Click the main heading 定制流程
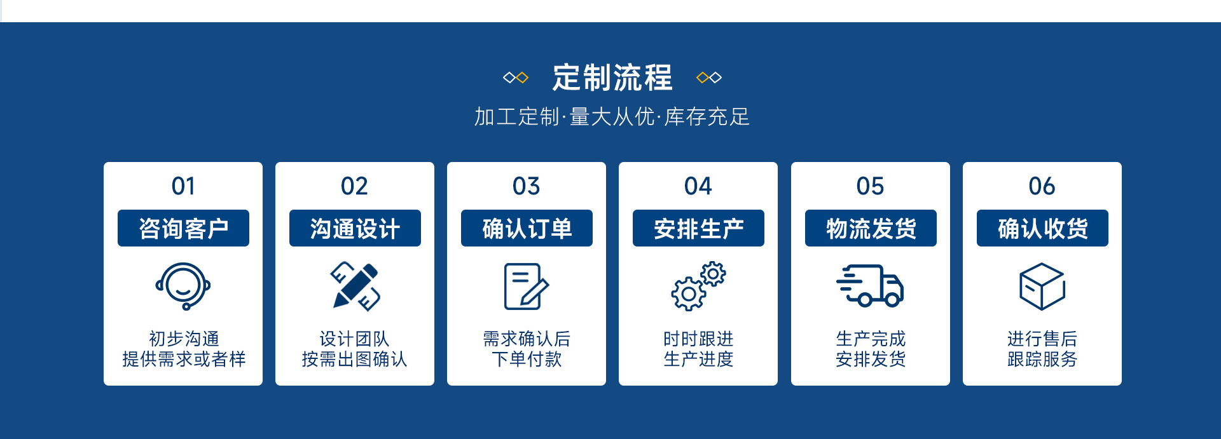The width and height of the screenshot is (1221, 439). click(612, 78)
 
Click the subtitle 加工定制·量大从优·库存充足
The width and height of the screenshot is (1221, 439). click(612, 117)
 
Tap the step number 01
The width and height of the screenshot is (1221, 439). click(183, 186)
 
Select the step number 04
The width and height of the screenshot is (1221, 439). click(698, 186)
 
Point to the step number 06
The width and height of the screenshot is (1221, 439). click(1042, 186)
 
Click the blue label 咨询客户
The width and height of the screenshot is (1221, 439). click(183, 228)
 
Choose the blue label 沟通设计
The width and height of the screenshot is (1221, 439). click(355, 228)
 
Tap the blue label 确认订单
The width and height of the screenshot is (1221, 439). click(527, 228)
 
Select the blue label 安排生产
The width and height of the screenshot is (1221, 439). click(698, 228)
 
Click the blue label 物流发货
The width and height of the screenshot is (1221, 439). click(871, 228)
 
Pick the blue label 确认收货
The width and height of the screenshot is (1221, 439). click(1042, 228)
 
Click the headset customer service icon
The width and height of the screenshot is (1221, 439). click(183, 287)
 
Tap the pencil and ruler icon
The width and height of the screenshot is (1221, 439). click(355, 286)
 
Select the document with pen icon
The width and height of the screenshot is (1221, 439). click(526, 287)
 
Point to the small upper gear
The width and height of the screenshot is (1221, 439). click(713, 274)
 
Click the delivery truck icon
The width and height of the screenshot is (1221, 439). click(870, 286)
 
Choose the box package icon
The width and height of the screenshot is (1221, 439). click(1042, 287)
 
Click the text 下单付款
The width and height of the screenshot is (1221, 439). click(527, 360)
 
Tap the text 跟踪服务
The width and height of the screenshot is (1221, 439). click(1042, 360)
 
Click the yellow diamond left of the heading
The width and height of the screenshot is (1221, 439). click(522, 78)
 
